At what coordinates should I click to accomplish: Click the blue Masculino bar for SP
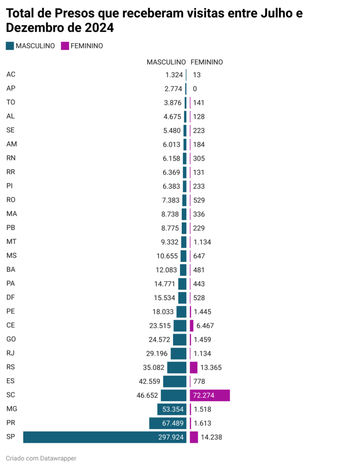[x=91, y=437]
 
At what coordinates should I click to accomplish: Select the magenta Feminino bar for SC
[x=210, y=395]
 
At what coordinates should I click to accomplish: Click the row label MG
[x=12, y=409]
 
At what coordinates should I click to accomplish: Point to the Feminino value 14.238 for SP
[x=211, y=437]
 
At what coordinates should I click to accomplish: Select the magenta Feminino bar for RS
[x=194, y=367]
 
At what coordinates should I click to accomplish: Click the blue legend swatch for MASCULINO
[x=10, y=46]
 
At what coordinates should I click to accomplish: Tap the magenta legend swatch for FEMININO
[x=65, y=46]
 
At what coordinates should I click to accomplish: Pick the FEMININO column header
[x=206, y=62]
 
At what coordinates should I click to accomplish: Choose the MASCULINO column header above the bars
[x=166, y=62]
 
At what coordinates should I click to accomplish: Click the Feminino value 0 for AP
[x=195, y=89]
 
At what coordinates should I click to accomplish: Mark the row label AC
[x=11, y=74]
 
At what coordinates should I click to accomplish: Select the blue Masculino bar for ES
[x=175, y=381]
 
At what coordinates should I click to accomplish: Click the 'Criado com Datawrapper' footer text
[x=41, y=458]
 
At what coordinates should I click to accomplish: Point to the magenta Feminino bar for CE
[x=191, y=325]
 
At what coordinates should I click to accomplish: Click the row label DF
[x=11, y=298]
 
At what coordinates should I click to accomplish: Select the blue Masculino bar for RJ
[x=179, y=353]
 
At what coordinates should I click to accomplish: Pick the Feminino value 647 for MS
[x=199, y=256]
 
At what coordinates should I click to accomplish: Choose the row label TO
[x=11, y=102]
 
